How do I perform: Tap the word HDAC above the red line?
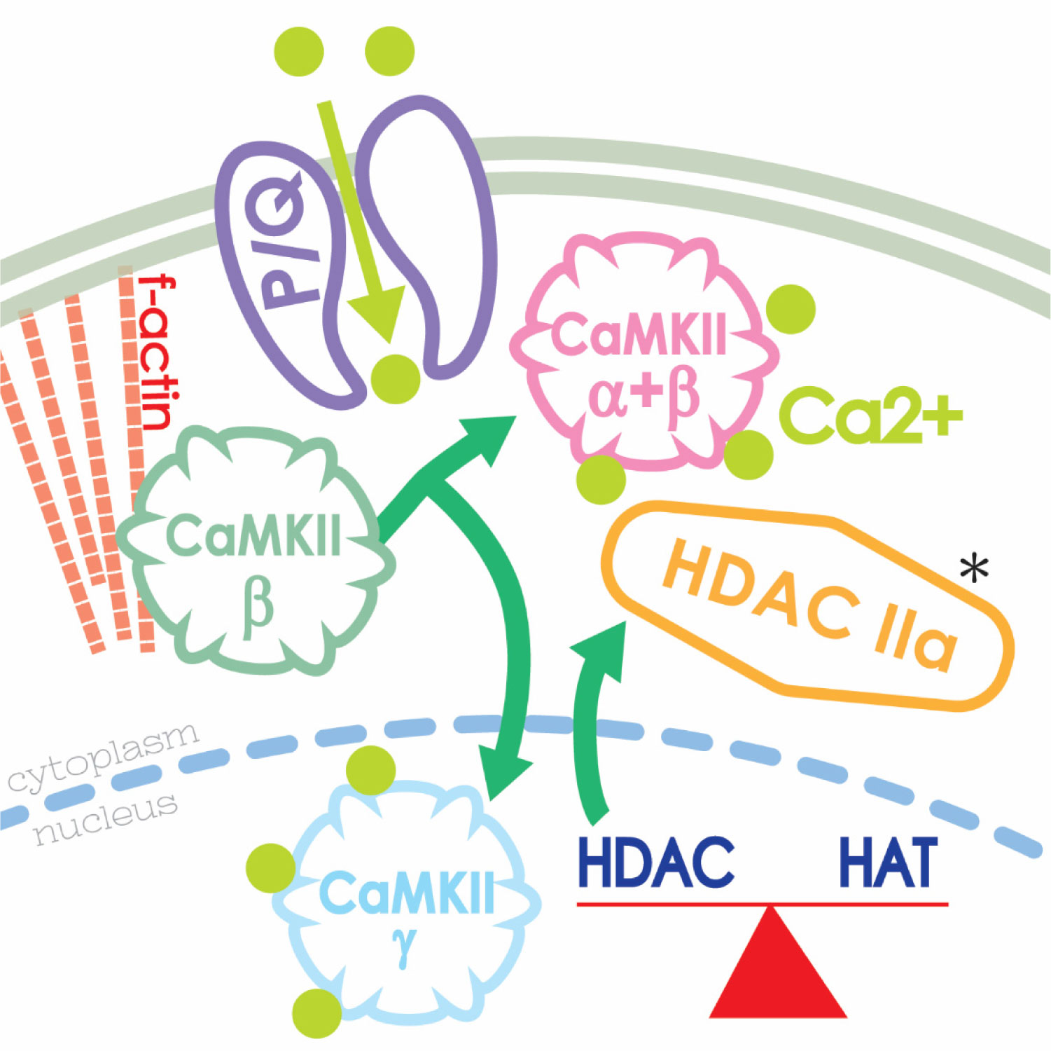coord(656,862)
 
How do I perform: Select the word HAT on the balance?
coord(888,862)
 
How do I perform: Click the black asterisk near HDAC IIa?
coord(974,568)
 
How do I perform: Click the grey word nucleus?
coord(105,820)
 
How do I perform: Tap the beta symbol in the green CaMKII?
coord(257,607)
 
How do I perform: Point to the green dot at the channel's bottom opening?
coord(396,379)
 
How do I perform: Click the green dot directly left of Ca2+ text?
coord(749,454)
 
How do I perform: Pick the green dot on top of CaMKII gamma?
coord(371,770)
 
